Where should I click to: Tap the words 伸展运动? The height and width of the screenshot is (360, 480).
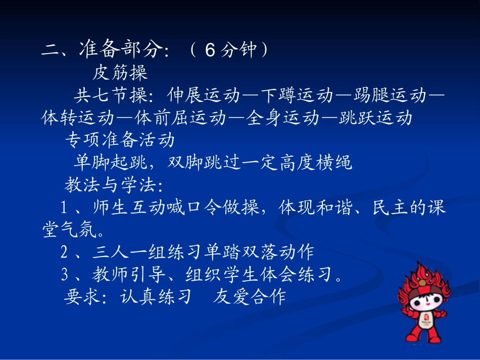tap(199, 95)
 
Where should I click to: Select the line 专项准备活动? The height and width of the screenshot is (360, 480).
tap(120, 140)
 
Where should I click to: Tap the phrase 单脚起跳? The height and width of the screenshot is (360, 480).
tap(110, 163)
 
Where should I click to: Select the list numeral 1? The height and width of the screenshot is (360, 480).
tap(64, 208)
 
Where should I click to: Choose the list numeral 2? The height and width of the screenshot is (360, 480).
tap(64, 251)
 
